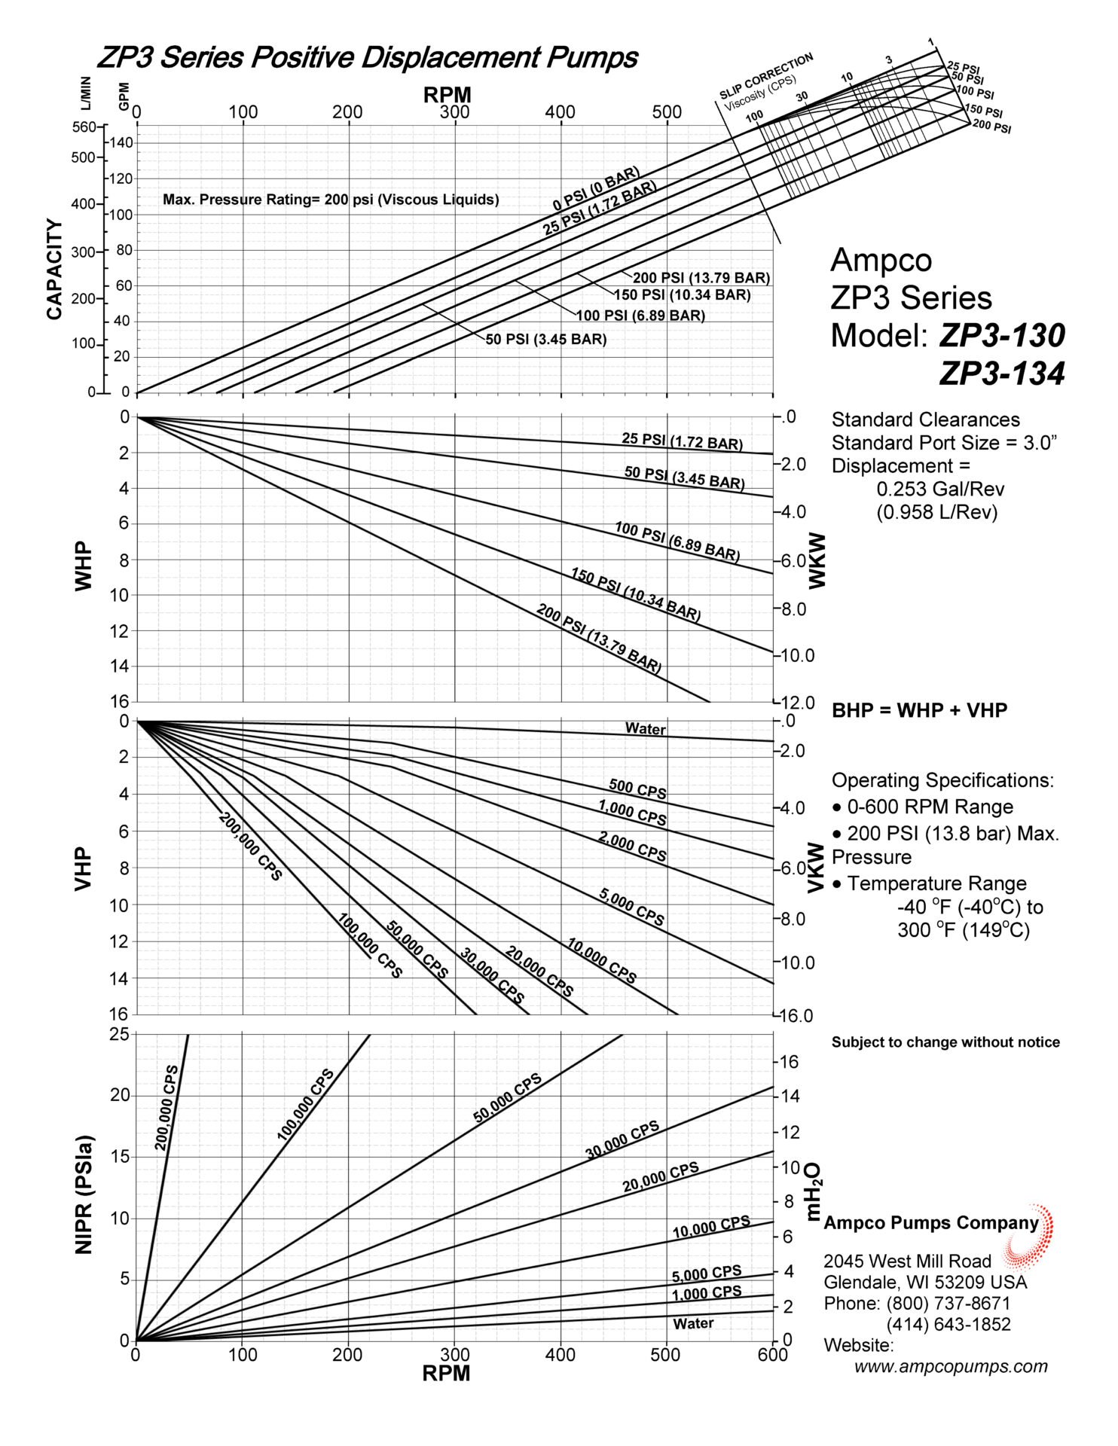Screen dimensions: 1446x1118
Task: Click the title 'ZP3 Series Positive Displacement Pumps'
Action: (x=368, y=57)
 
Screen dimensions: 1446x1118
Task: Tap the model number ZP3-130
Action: (x=1002, y=336)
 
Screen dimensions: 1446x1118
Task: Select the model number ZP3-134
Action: (x=1002, y=374)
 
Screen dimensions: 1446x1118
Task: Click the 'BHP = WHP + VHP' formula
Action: (x=919, y=710)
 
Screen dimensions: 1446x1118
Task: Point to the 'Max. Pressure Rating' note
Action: (x=331, y=200)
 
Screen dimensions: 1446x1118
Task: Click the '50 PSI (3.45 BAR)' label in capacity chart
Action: (x=546, y=340)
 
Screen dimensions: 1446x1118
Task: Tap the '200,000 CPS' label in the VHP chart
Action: (x=250, y=846)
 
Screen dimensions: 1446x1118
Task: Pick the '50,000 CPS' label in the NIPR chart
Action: (x=508, y=1097)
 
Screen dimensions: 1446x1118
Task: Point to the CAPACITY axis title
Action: (x=54, y=269)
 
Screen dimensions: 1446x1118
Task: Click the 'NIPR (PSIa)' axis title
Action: (x=84, y=1194)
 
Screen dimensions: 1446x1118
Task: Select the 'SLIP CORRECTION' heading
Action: (x=766, y=75)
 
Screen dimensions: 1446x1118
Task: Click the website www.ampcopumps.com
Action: (x=951, y=1366)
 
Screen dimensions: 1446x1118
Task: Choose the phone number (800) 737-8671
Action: (x=948, y=1304)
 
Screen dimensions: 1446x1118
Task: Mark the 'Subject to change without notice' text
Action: (x=945, y=1042)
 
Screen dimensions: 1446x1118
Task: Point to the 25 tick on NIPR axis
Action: (x=120, y=1035)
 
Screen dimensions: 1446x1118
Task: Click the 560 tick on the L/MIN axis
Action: (x=84, y=127)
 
